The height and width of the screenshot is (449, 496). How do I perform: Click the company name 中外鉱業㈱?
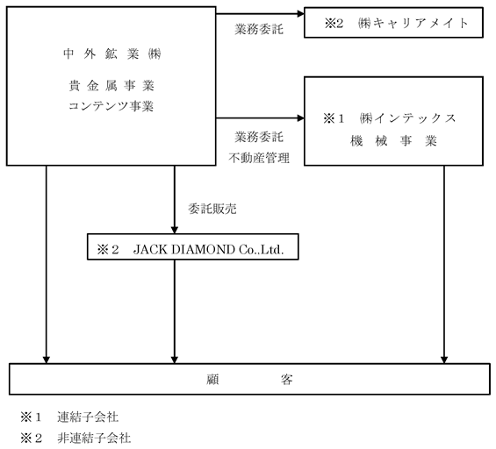coord(112,54)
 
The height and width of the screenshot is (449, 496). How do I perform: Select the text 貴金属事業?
coord(111,86)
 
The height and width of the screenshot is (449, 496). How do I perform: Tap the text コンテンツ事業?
coord(111,106)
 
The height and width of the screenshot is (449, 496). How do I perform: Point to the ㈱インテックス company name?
coord(407,118)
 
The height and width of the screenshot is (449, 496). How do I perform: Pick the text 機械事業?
coord(393,141)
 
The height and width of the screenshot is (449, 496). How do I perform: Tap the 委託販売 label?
coord(212,209)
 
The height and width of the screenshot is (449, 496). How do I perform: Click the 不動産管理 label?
coord(259,158)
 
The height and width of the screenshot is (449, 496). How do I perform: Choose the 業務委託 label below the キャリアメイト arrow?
coord(259,30)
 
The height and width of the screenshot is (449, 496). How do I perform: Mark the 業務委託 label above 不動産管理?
coord(259,137)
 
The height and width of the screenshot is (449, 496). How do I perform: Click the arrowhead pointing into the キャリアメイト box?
coord(300,13)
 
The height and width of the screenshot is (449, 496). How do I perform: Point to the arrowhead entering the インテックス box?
coord(300,118)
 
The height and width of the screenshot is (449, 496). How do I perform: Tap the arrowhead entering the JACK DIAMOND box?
coord(175,230)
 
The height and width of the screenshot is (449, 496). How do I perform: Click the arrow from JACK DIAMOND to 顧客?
coord(175,311)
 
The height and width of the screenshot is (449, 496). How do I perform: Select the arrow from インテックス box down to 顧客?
coord(444,265)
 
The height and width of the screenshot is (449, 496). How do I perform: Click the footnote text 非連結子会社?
coord(94,438)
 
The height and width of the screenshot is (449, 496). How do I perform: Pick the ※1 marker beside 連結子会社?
coord(31,417)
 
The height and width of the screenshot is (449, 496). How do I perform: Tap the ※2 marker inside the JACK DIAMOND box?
coord(108,250)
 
